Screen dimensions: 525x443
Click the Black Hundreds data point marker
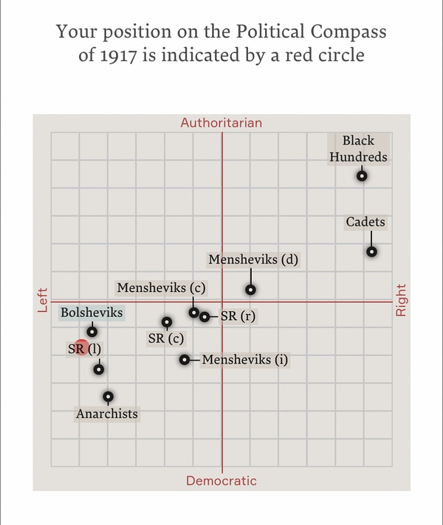click(x=362, y=175)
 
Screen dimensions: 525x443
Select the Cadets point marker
click(x=372, y=251)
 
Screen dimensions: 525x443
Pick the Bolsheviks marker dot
click(x=92, y=331)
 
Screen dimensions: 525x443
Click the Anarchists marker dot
click(x=109, y=397)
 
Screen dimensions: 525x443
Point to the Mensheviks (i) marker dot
click(x=185, y=360)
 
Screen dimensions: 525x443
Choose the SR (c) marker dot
click(x=167, y=321)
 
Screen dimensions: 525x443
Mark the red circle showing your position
click(x=81, y=348)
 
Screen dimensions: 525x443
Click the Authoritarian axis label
click(x=221, y=122)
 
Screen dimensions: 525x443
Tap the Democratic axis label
click(x=221, y=481)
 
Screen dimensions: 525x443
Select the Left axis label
click(x=42, y=300)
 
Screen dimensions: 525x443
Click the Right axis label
click(x=402, y=300)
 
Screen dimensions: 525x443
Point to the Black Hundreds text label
click(x=359, y=148)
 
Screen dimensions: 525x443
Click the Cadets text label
click(x=365, y=222)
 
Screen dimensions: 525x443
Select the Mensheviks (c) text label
click(x=160, y=288)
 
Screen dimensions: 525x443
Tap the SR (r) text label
click(x=238, y=317)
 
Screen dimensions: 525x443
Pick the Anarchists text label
click(x=107, y=414)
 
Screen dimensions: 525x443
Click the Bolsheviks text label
click(x=92, y=313)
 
